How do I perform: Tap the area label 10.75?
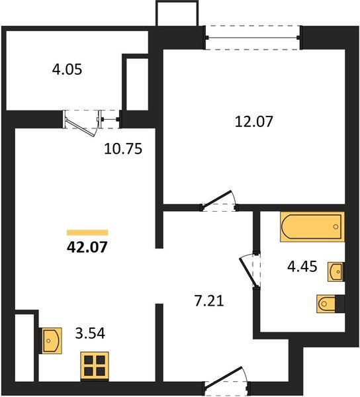point(123,149)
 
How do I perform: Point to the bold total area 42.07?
point(87,249)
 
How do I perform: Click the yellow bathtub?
point(312,228)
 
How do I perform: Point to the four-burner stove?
point(95,366)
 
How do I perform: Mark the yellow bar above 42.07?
point(87,233)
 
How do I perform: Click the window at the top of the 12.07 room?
point(253,37)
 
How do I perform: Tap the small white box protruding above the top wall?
point(177,13)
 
